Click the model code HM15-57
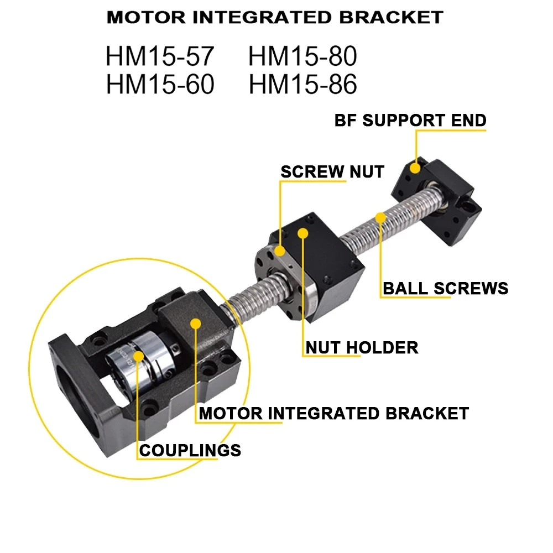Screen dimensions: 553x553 coord(159,57)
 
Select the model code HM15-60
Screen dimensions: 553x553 coord(159,85)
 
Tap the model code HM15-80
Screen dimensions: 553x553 coord(302,57)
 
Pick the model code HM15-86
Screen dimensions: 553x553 coord(302,85)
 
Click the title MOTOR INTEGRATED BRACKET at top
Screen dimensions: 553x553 coord(275,17)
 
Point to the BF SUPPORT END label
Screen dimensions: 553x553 coord(410,120)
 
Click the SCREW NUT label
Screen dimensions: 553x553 coord(332,171)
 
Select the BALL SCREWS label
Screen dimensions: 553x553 coord(445,288)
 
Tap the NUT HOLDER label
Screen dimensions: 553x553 coord(362,347)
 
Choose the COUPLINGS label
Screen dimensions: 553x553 coord(190,450)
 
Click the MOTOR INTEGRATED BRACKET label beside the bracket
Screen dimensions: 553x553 coord(333,413)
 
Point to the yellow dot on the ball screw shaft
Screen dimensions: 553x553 coord(380,217)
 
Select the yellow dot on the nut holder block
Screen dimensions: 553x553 coord(302,233)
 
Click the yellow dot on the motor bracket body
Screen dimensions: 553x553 coord(195,323)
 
